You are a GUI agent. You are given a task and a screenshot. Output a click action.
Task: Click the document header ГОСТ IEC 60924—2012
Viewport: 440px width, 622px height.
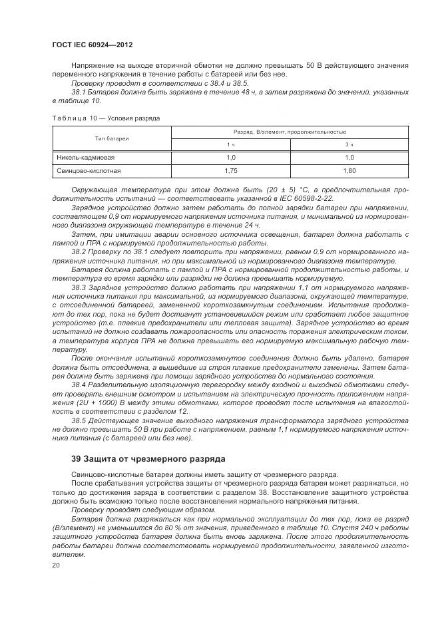coord(92,44)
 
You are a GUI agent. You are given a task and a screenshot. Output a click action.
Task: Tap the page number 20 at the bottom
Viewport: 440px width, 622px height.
coord(55,564)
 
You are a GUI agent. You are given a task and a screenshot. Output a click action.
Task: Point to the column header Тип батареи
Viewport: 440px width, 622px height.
coord(111,138)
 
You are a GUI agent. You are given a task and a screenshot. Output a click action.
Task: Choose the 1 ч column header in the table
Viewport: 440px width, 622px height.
coord(231,144)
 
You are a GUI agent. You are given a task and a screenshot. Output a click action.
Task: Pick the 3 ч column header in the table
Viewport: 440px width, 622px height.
coord(349,144)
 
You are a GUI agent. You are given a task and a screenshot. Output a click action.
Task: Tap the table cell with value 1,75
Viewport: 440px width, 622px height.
coord(231,171)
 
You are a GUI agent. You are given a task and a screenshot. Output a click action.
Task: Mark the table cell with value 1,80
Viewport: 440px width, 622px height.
coord(349,171)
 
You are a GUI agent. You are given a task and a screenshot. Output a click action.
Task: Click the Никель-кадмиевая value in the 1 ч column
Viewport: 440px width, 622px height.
coord(231,158)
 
